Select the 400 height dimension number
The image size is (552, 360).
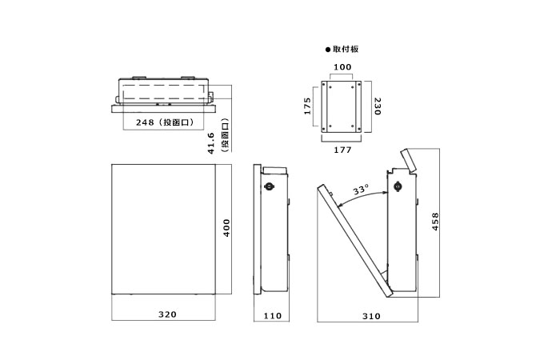click(x=226, y=230)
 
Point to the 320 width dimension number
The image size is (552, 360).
click(x=166, y=315)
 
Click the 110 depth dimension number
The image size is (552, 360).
click(x=272, y=316)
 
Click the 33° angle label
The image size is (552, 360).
click(x=362, y=190)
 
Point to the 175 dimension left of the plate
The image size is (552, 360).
click(x=308, y=107)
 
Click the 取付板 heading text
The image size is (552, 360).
click(x=346, y=49)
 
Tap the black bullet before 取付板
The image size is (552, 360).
click(x=327, y=49)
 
